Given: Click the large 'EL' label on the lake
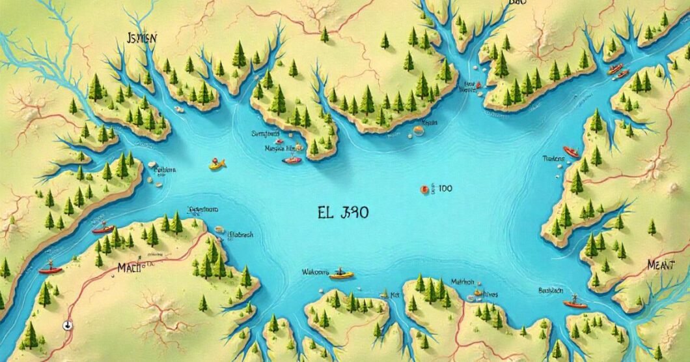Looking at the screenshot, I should click(325, 212).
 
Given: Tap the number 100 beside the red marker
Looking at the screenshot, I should click(445, 189).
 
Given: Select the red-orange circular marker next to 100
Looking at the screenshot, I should click(423, 190).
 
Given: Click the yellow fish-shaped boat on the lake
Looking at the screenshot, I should click(217, 164).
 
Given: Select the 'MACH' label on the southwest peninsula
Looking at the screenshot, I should click(131, 266).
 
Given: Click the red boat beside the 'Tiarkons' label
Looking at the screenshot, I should click(571, 151).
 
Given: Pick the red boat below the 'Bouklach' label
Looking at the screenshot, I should click(575, 303).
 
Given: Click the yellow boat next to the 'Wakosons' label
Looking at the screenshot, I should click(341, 275).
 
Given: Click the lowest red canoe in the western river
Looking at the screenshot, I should click(50, 269).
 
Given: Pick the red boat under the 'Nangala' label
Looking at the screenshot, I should click(292, 160).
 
